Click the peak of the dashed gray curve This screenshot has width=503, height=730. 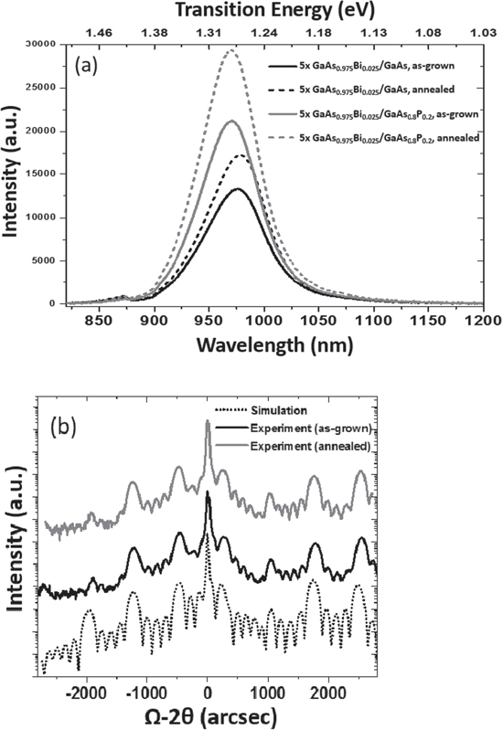tap(230, 51)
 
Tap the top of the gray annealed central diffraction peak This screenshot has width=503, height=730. tap(208, 421)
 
